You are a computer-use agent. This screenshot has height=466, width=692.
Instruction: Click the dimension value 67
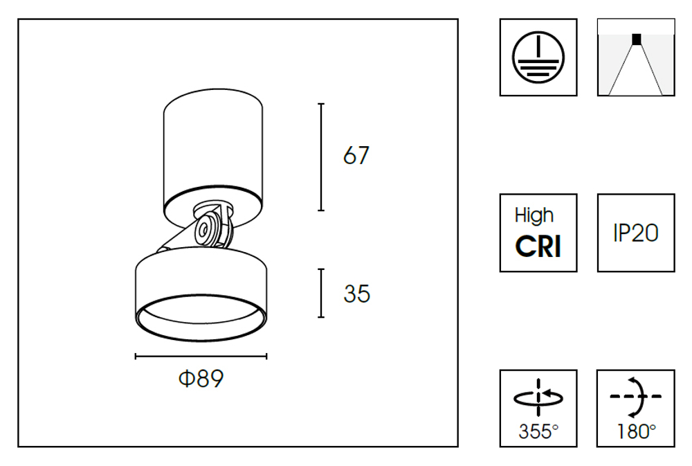(356, 156)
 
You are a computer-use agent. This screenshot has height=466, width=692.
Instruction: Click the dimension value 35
(356, 294)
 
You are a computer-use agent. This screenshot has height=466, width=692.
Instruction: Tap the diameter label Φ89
(201, 379)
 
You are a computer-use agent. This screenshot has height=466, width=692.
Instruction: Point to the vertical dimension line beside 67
(321, 156)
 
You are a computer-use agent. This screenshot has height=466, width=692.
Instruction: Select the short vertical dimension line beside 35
(321, 294)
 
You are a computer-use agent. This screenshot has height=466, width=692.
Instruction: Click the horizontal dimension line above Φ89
(201, 357)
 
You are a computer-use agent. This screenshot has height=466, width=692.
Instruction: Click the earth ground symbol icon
(538, 57)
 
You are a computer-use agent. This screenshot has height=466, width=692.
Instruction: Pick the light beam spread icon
(635, 57)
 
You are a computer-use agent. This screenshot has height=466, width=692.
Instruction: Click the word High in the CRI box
(534, 215)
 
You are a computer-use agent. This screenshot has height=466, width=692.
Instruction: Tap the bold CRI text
(538, 247)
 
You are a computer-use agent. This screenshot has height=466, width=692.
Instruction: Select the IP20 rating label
(635, 233)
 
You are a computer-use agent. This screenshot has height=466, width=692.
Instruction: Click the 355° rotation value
(538, 432)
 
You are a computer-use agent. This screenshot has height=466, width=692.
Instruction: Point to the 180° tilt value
(635, 432)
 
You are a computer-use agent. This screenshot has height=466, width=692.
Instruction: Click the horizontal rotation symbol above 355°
(538, 397)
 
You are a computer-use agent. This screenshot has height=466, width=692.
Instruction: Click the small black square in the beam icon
(636, 39)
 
